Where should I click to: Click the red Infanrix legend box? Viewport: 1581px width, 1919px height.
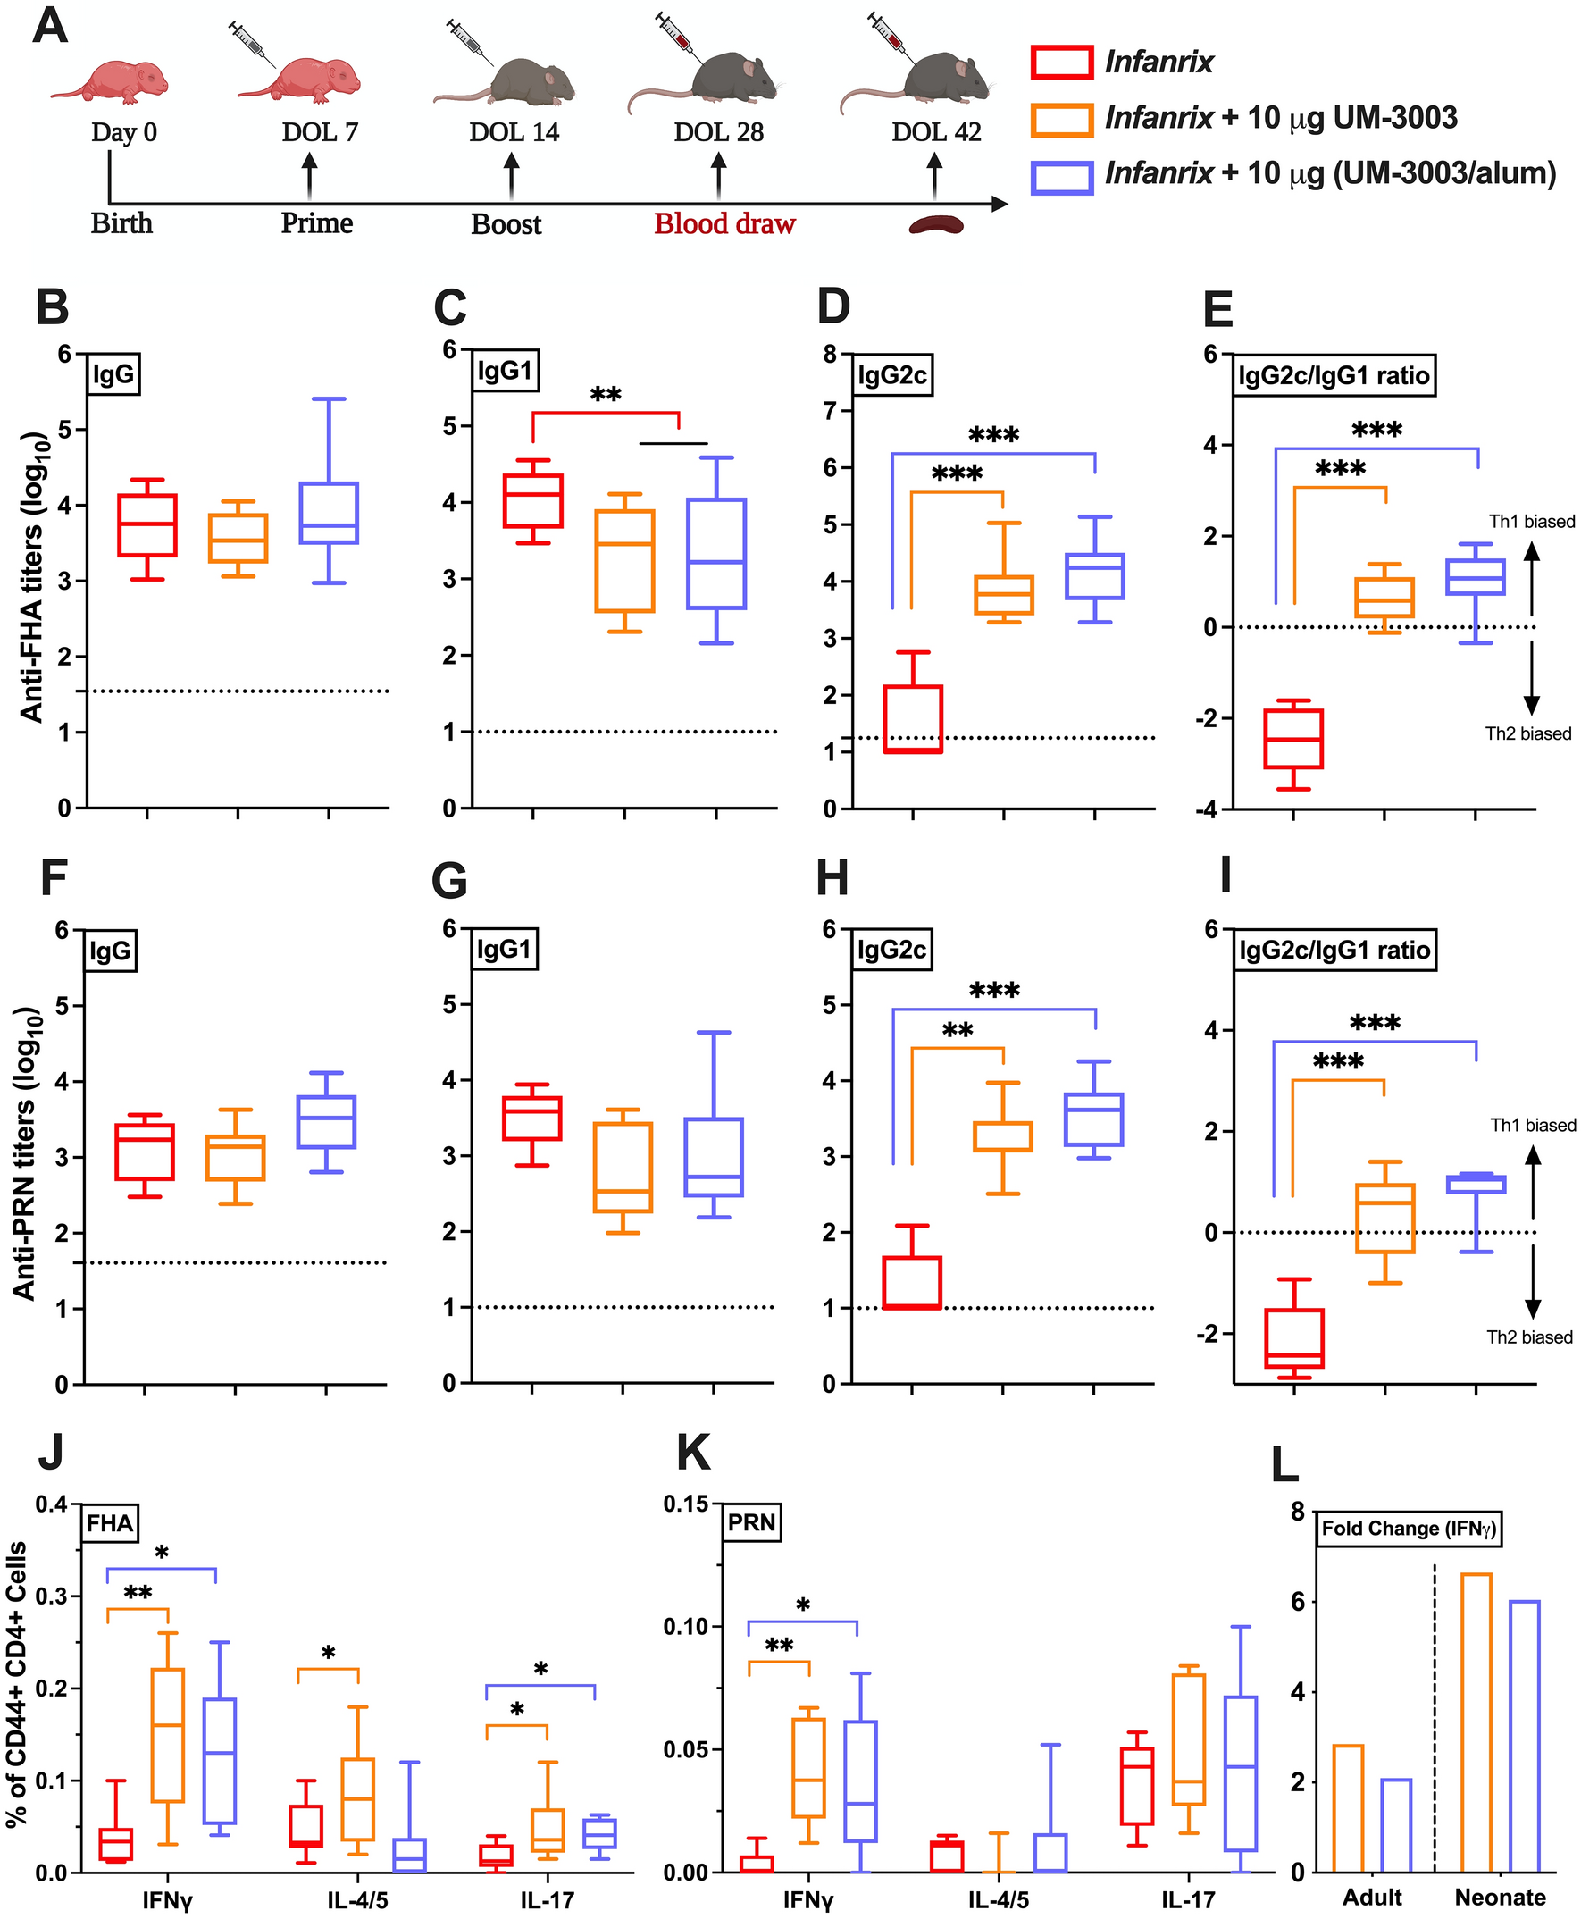1061,62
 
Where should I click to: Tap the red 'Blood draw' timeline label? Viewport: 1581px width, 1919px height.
724,224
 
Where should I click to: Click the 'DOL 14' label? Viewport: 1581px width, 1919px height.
514,133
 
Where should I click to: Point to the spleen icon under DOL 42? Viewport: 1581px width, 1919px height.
935,224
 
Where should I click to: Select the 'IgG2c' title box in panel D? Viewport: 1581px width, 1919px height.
891,375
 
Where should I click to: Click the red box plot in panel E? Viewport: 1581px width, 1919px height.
1293,739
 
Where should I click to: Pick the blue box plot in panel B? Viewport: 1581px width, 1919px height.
329,513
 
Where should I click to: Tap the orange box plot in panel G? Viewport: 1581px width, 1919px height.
623,1168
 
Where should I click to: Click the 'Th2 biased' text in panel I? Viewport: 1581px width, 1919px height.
1529,1337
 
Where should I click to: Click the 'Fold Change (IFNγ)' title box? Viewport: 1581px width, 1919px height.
1408,1529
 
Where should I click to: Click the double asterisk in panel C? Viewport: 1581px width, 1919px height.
606,396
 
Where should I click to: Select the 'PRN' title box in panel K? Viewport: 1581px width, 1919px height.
751,1523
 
